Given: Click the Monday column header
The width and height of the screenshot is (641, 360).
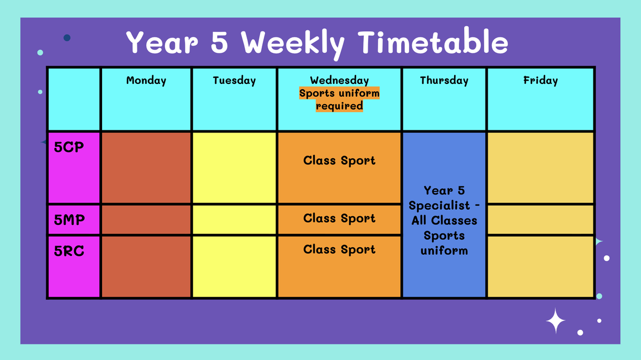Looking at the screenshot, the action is pos(146,81).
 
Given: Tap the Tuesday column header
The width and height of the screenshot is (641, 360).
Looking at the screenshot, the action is pos(234,81).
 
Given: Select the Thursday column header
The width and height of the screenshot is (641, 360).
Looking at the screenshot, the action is pos(444,81).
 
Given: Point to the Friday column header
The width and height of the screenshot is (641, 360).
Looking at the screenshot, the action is pos(541,81).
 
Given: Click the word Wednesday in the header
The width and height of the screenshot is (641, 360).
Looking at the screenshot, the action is pos(339,81).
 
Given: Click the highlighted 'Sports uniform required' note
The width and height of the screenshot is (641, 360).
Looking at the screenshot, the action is pos(339,99).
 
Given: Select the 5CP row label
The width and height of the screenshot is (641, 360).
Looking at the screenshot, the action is pos(69,147).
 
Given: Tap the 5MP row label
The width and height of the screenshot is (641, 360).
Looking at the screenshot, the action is pos(69,220).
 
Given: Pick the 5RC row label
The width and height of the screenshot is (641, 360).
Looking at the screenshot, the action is pos(69,251).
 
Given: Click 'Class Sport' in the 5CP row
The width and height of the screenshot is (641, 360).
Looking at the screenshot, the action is pos(339,161).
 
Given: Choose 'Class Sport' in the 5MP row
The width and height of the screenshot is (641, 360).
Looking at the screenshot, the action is pos(339,218).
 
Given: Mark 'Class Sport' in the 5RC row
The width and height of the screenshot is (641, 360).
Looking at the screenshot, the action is pos(339,249).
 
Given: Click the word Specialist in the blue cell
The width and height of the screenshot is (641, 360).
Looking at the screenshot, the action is pos(439,206).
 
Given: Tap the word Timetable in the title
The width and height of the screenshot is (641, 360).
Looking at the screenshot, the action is pos(433,42).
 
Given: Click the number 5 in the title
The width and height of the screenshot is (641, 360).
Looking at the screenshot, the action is pos(219,42).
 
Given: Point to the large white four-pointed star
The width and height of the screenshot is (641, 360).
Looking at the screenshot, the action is pos(556,321).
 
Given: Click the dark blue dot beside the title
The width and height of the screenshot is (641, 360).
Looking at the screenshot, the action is pos(67,38).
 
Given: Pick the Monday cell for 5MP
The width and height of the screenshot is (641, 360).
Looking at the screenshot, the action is pos(146,220).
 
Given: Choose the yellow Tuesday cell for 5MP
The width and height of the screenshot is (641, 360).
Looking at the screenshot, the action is pos(234,220).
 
